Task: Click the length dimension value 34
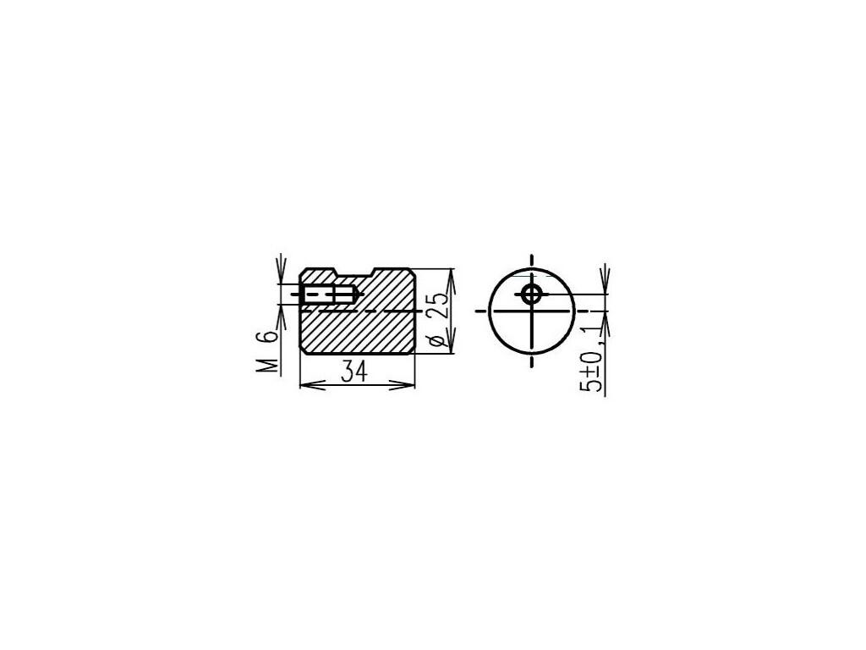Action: pyautogui.click(x=354, y=371)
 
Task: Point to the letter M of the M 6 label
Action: pyautogui.click(x=268, y=365)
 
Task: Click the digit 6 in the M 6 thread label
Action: pyautogui.click(x=268, y=336)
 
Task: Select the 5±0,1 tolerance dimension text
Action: pyautogui.click(x=591, y=359)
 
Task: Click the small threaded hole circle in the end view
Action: pyautogui.click(x=532, y=295)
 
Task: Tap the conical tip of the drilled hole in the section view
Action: pyautogui.click(x=359, y=295)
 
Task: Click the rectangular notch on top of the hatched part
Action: pyautogui.click(x=355, y=273)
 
